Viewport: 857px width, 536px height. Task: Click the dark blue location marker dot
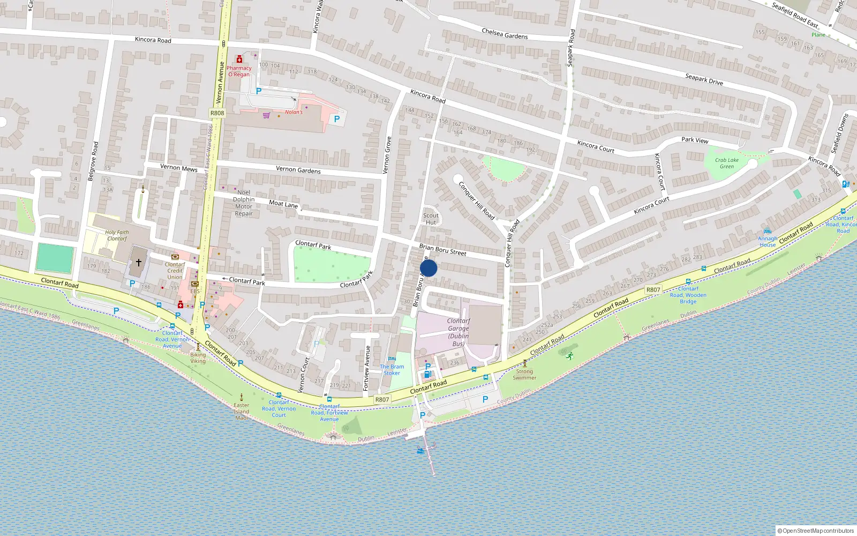pos(428,268)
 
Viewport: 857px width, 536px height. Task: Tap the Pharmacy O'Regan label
pos(239,71)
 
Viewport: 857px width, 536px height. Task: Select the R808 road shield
pos(217,113)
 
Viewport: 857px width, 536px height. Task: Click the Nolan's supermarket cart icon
pos(266,115)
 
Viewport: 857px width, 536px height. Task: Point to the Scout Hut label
pos(431,219)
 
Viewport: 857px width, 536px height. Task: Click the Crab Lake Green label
pos(727,163)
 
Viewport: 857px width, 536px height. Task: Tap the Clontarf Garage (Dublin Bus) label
pos(458,332)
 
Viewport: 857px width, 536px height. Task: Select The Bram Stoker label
pos(392,370)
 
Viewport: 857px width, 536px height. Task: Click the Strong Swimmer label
pos(524,374)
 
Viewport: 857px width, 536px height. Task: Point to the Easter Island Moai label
pos(242,411)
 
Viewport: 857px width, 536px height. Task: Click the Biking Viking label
pos(198,358)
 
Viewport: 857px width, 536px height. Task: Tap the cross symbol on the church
pos(138,263)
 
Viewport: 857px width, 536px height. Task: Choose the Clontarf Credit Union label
pos(175,271)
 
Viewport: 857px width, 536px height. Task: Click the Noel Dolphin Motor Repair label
pos(244,203)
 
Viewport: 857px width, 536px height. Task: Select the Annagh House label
pos(768,242)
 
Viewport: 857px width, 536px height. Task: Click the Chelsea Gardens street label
pos(505,34)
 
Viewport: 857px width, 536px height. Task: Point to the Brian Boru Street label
pos(442,250)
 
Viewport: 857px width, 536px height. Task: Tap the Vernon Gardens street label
pos(298,170)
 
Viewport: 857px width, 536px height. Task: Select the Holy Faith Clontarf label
pos(117,235)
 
